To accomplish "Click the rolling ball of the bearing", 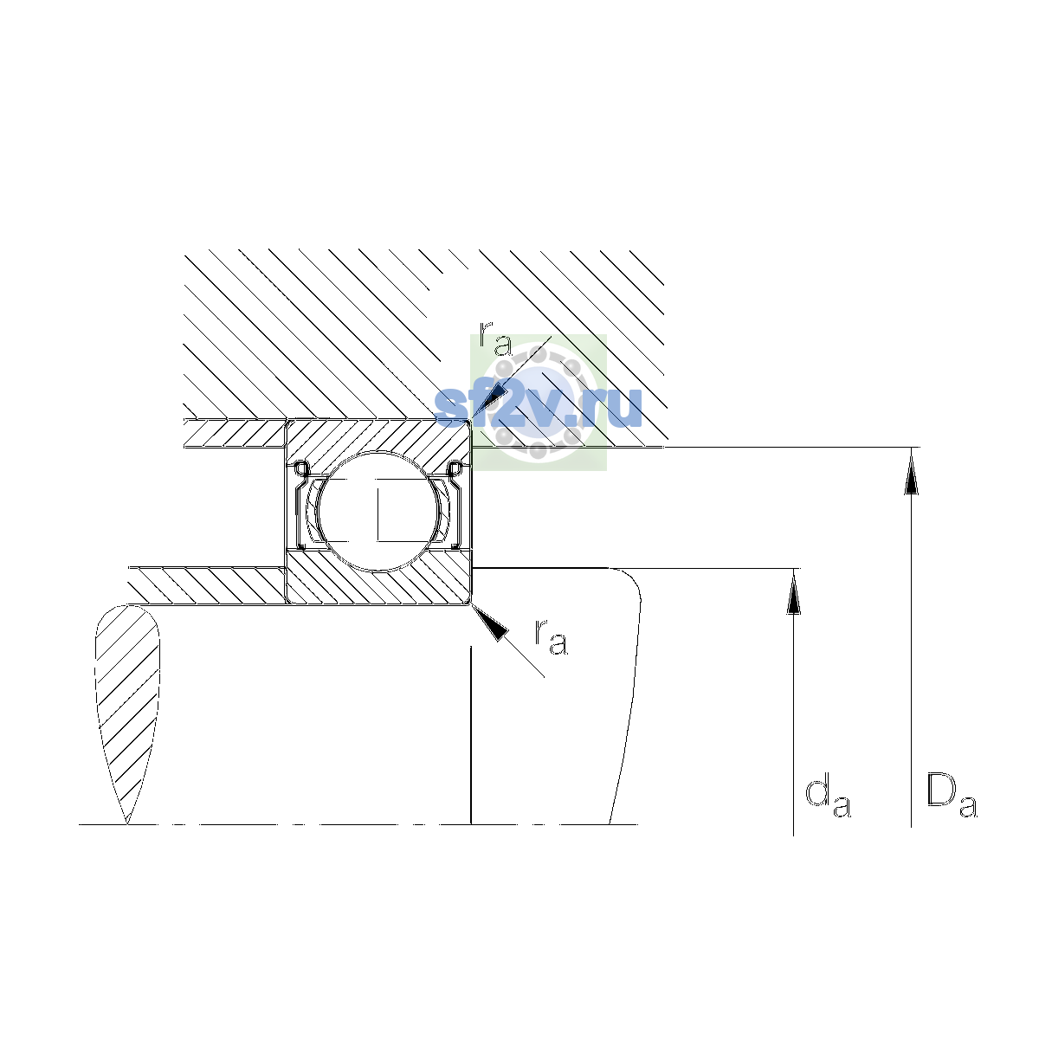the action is [379, 511].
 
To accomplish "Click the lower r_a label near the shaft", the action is [551, 637].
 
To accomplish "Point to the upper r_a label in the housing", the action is [495, 339].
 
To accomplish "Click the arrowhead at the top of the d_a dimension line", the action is [793, 592].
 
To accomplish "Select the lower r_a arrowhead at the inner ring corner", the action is [490, 623].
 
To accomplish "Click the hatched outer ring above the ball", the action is [378, 440].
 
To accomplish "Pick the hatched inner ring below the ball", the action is [378, 579].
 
